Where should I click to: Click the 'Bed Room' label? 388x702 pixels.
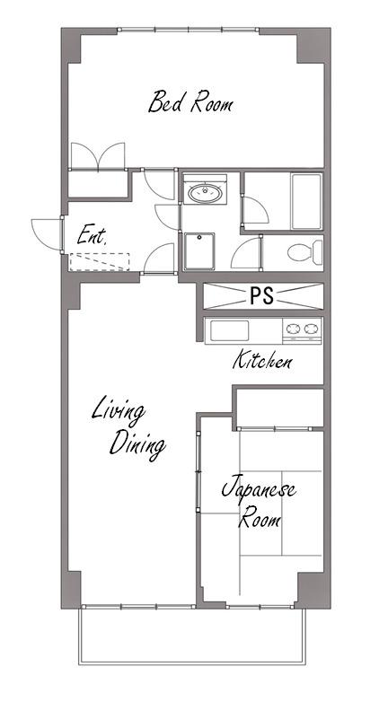pyautogui.click(x=190, y=102)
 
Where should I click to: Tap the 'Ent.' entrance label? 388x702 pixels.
pyautogui.click(x=92, y=235)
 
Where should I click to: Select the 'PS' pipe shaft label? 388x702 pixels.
pyautogui.click(x=261, y=296)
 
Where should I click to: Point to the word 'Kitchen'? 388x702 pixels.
pyautogui.click(x=262, y=360)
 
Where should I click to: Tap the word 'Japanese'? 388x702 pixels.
pyautogui.click(x=259, y=488)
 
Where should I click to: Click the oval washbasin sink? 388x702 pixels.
pyautogui.click(x=205, y=193)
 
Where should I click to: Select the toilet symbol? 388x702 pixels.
pyautogui.click(x=304, y=252)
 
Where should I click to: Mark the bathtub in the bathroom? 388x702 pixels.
pyautogui.click(x=306, y=201)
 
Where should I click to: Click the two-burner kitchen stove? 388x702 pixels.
pyautogui.click(x=302, y=331)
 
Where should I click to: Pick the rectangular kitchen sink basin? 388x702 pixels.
pyautogui.click(x=229, y=331)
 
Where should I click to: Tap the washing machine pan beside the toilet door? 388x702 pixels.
pyautogui.click(x=199, y=251)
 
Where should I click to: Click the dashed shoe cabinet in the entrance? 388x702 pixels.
pyautogui.click(x=100, y=262)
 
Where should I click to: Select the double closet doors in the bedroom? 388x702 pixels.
pyautogui.click(x=98, y=156)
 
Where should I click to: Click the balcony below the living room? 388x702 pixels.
pyautogui.click(x=192, y=636)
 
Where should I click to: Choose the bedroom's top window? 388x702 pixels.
pyautogui.click(x=189, y=30)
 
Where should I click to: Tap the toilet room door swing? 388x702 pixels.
pyautogui.click(x=246, y=253)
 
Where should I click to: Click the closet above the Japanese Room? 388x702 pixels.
pyautogui.click(x=280, y=408)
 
